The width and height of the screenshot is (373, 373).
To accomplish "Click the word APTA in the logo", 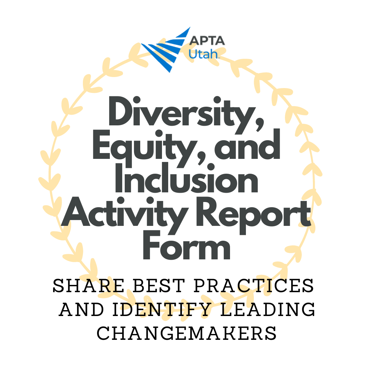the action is pos(207,41).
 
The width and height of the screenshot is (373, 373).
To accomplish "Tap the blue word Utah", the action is pos(203,54).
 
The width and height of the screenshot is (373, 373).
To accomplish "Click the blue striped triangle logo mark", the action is pos(165,50).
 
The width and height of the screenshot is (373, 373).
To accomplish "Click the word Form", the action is pos(187,245).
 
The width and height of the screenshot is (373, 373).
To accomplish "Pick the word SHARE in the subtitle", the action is pos(88,286).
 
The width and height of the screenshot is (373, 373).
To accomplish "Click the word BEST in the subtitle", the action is pos(159,286).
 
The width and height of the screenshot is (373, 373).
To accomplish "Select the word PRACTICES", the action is pos(254,286).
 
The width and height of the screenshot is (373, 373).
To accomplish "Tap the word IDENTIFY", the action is pos(162,309).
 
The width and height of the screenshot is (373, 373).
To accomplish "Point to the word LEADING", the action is pos(268,309).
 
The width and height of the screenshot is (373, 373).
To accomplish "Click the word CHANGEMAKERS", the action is pos(186,333).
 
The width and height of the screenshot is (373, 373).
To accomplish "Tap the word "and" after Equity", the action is pos(247,144).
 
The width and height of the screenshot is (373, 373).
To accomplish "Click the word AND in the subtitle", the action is pos(82,309).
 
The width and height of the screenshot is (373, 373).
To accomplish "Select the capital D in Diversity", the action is pos(121,111).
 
